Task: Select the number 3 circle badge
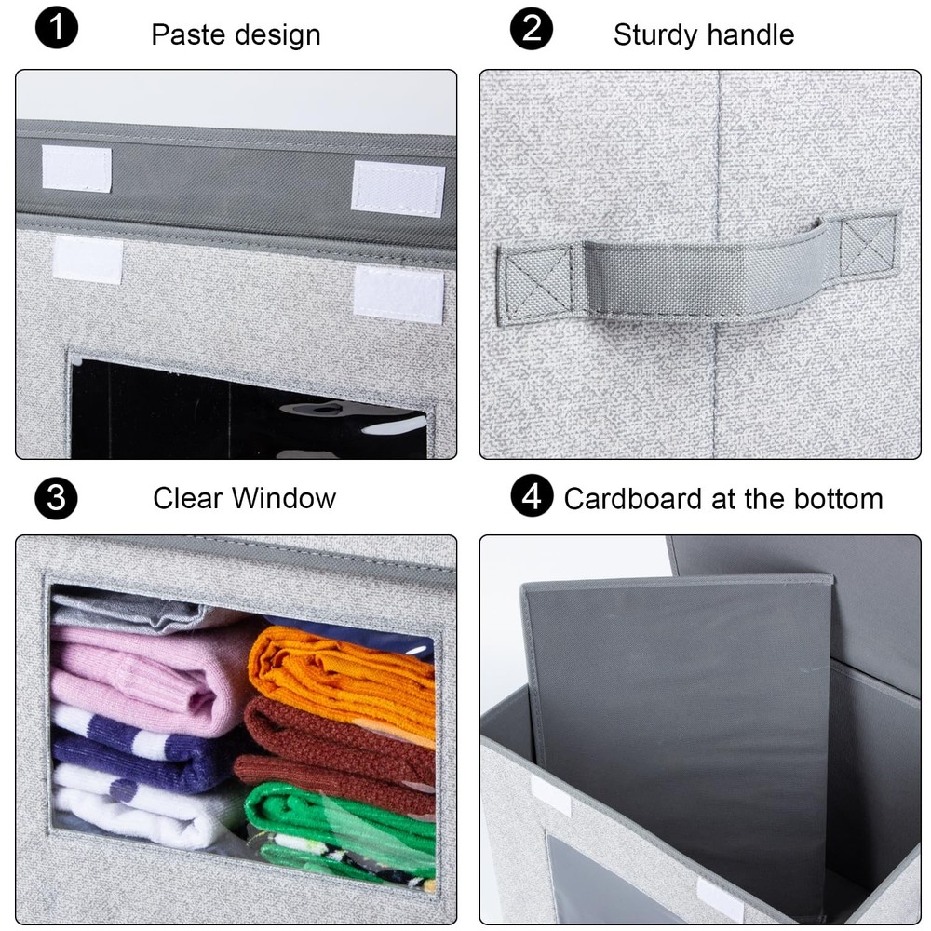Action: (x=57, y=499)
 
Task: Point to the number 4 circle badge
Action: (x=532, y=497)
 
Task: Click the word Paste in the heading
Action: (x=187, y=35)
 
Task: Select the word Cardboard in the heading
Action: (x=633, y=499)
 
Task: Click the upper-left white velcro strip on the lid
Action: (x=76, y=168)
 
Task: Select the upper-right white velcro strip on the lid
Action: (x=398, y=188)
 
